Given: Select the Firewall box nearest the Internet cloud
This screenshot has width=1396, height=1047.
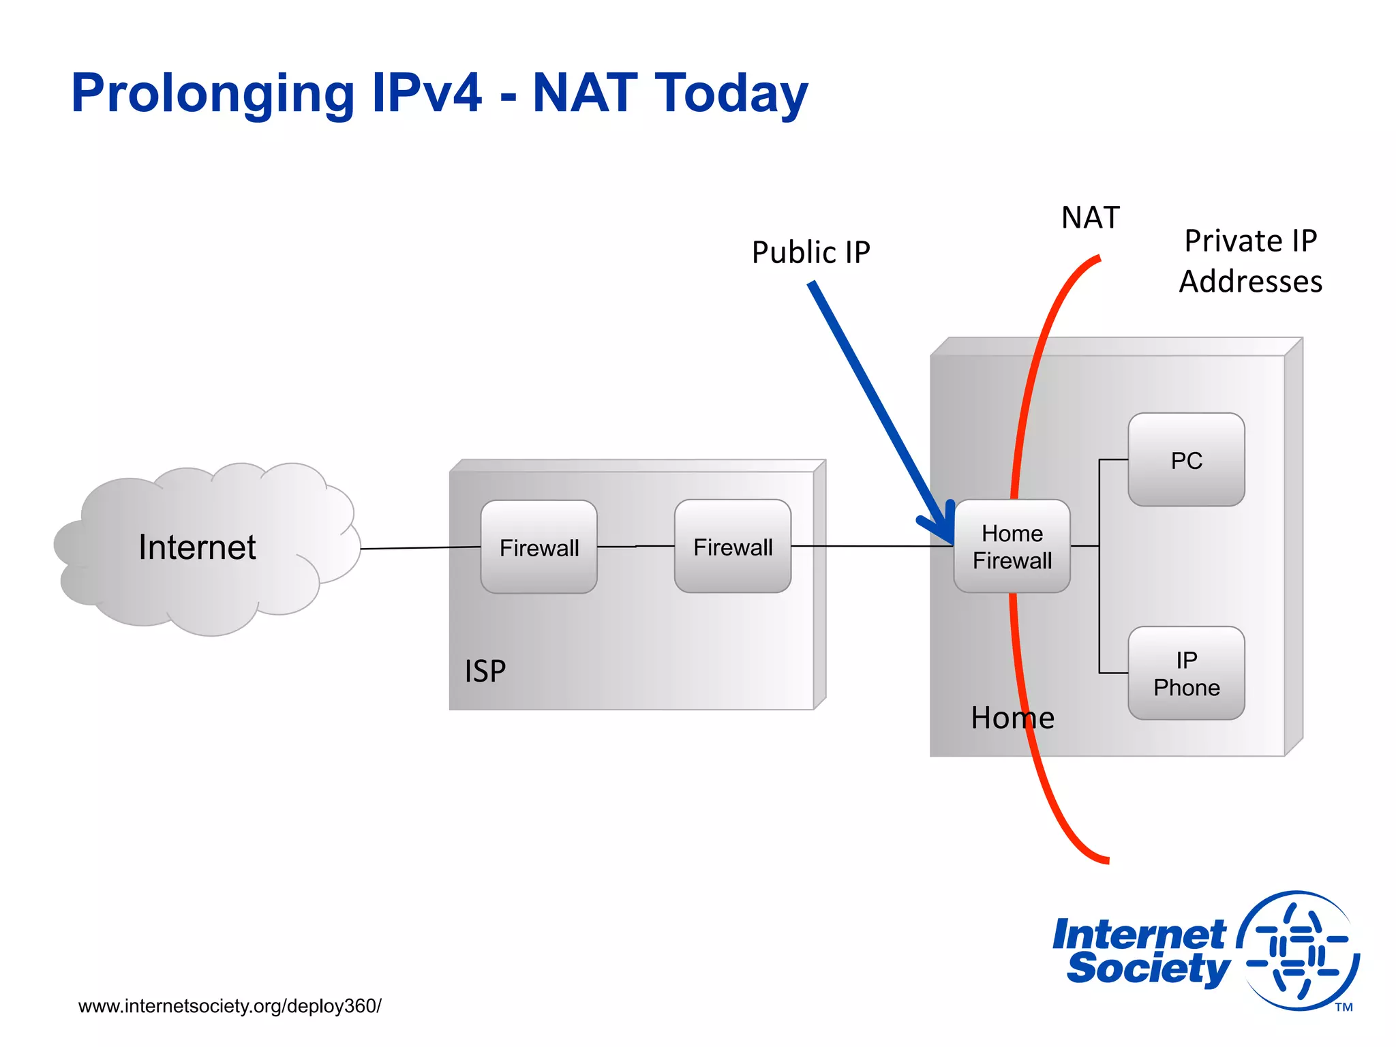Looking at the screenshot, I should click(x=538, y=547).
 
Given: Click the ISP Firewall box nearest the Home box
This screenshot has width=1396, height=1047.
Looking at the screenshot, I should click(x=732, y=546).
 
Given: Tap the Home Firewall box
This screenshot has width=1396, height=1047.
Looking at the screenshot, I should click(x=1012, y=546).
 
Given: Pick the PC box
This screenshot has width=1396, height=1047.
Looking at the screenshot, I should click(x=1186, y=459).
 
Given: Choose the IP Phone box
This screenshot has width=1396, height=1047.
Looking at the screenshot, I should click(x=1186, y=673).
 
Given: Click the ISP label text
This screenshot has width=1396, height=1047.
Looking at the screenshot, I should click(x=485, y=671).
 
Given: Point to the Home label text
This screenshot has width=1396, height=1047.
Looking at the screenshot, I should click(x=1012, y=718).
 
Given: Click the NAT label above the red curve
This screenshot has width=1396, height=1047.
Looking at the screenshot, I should click(x=1090, y=217).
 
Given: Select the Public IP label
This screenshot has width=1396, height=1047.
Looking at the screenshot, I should click(x=810, y=252).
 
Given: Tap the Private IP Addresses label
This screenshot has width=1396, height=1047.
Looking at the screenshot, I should click(x=1250, y=260).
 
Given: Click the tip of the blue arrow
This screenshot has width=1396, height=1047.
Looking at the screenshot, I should click(x=950, y=540).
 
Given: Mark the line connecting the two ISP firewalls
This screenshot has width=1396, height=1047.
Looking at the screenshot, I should click(x=635, y=546).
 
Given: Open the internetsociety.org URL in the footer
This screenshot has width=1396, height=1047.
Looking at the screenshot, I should click(x=230, y=1006).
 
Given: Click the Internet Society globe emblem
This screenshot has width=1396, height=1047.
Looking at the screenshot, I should click(x=1299, y=950).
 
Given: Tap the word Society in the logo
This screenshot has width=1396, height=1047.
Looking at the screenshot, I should click(x=1148, y=969).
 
